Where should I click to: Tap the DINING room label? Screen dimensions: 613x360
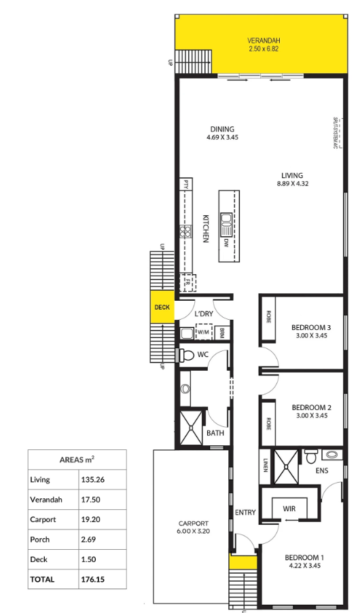click(222, 129)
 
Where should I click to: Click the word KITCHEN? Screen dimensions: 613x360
click(204, 229)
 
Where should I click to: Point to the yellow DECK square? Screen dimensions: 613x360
click(162, 308)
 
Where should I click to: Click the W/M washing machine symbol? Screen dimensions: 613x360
click(204, 332)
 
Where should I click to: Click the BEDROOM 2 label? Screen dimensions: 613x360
click(306, 407)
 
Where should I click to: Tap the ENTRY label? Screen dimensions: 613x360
click(245, 513)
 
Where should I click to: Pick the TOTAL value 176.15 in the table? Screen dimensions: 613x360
click(94, 579)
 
